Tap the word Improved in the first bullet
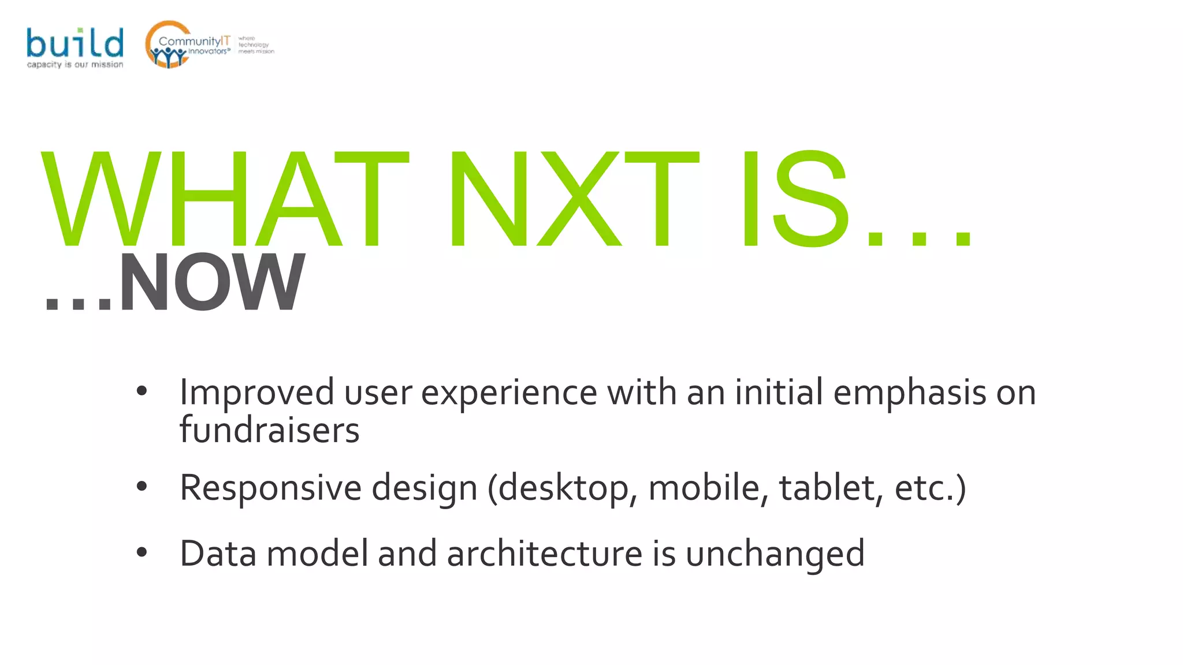coord(256,393)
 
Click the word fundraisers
coord(269,431)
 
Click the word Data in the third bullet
coord(218,554)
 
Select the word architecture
coord(544,554)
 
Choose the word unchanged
coord(775,555)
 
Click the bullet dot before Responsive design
coord(142,487)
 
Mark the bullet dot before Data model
coord(142,553)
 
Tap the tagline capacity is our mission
coord(75,65)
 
